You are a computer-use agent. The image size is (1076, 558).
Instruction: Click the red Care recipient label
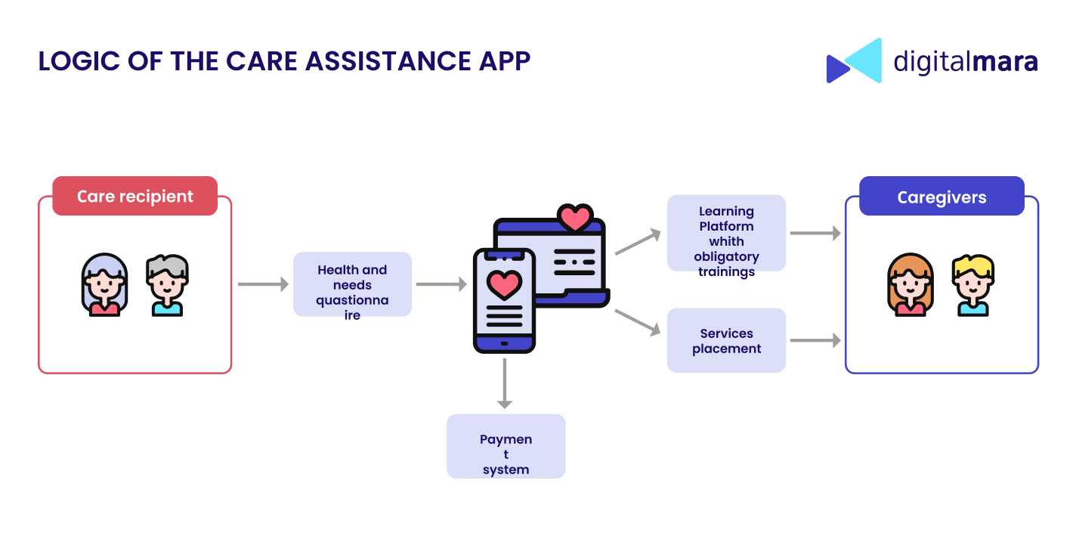[x=134, y=197]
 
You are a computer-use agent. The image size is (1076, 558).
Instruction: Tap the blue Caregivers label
[x=941, y=197]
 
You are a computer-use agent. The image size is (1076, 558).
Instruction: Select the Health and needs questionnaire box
[x=352, y=284]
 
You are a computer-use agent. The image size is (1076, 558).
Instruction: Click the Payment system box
[x=506, y=446]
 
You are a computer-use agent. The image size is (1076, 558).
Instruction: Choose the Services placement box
[x=726, y=340]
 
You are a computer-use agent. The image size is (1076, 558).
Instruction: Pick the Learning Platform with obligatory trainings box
[x=726, y=234]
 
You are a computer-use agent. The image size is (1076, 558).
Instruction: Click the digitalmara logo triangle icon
[x=854, y=60]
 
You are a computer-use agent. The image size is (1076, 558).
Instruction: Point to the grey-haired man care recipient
[x=167, y=285]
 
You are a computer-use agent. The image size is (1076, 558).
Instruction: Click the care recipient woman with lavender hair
[x=104, y=285]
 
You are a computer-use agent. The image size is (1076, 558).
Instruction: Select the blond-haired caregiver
[x=973, y=285]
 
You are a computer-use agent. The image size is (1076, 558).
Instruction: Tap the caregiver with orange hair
[x=911, y=285]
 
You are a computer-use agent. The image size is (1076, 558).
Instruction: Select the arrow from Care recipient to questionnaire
[x=263, y=284]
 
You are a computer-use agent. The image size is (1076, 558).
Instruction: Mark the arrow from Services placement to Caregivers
[x=815, y=341]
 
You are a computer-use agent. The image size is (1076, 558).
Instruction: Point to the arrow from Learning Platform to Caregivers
[x=815, y=234]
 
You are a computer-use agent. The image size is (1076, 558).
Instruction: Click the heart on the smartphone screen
[x=504, y=284]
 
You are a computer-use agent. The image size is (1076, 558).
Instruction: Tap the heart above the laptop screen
[x=575, y=218]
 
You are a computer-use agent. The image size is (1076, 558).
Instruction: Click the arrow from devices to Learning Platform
[x=638, y=242]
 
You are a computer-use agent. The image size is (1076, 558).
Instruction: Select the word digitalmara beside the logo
[x=966, y=61]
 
